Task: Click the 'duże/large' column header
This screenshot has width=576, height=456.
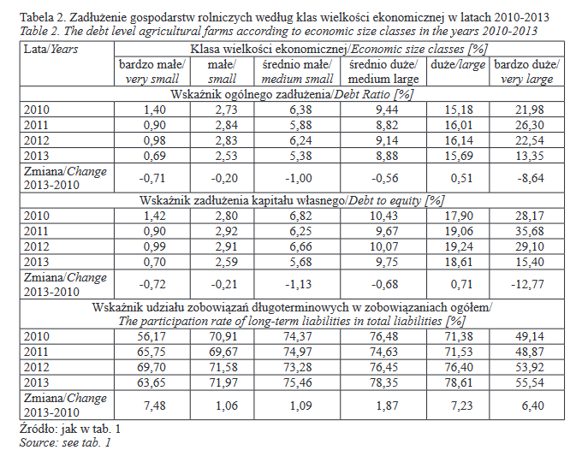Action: click(x=455, y=65)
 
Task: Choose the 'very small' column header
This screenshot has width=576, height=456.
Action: click(x=149, y=79)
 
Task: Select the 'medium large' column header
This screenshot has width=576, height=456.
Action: click(x=384, y=79)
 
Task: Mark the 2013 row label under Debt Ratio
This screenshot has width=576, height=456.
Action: click(x=38, y=156)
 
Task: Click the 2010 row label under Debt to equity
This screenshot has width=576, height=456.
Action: click(x=38, y=215)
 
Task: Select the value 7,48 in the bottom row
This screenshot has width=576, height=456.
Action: click(x=149, y=405)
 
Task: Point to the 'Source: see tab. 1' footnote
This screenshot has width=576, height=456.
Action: click(x=66, y=442)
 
